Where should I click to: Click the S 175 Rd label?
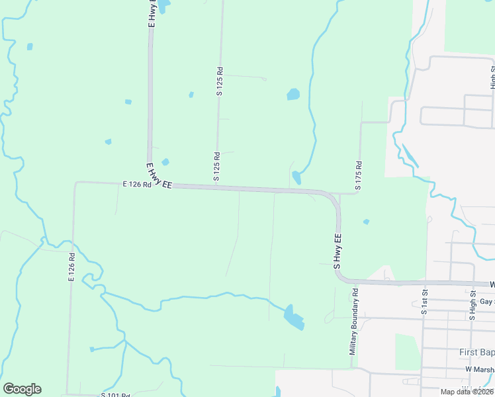[358, 176]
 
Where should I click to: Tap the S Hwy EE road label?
[337, 251]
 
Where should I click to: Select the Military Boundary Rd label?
[355, 320]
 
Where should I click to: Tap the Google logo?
[22, 389]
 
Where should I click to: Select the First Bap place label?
[476, 351]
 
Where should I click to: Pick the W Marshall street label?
[480, 369]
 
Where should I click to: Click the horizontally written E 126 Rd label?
[137, 185]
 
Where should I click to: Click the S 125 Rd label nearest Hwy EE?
[216, 166]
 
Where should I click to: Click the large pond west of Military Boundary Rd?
[293, 317]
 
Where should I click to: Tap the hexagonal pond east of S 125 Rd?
[293, 95]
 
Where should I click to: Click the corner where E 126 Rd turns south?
[76, 183]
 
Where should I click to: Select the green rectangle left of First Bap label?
[407, 351]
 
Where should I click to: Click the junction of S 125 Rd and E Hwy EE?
[215, 189]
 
